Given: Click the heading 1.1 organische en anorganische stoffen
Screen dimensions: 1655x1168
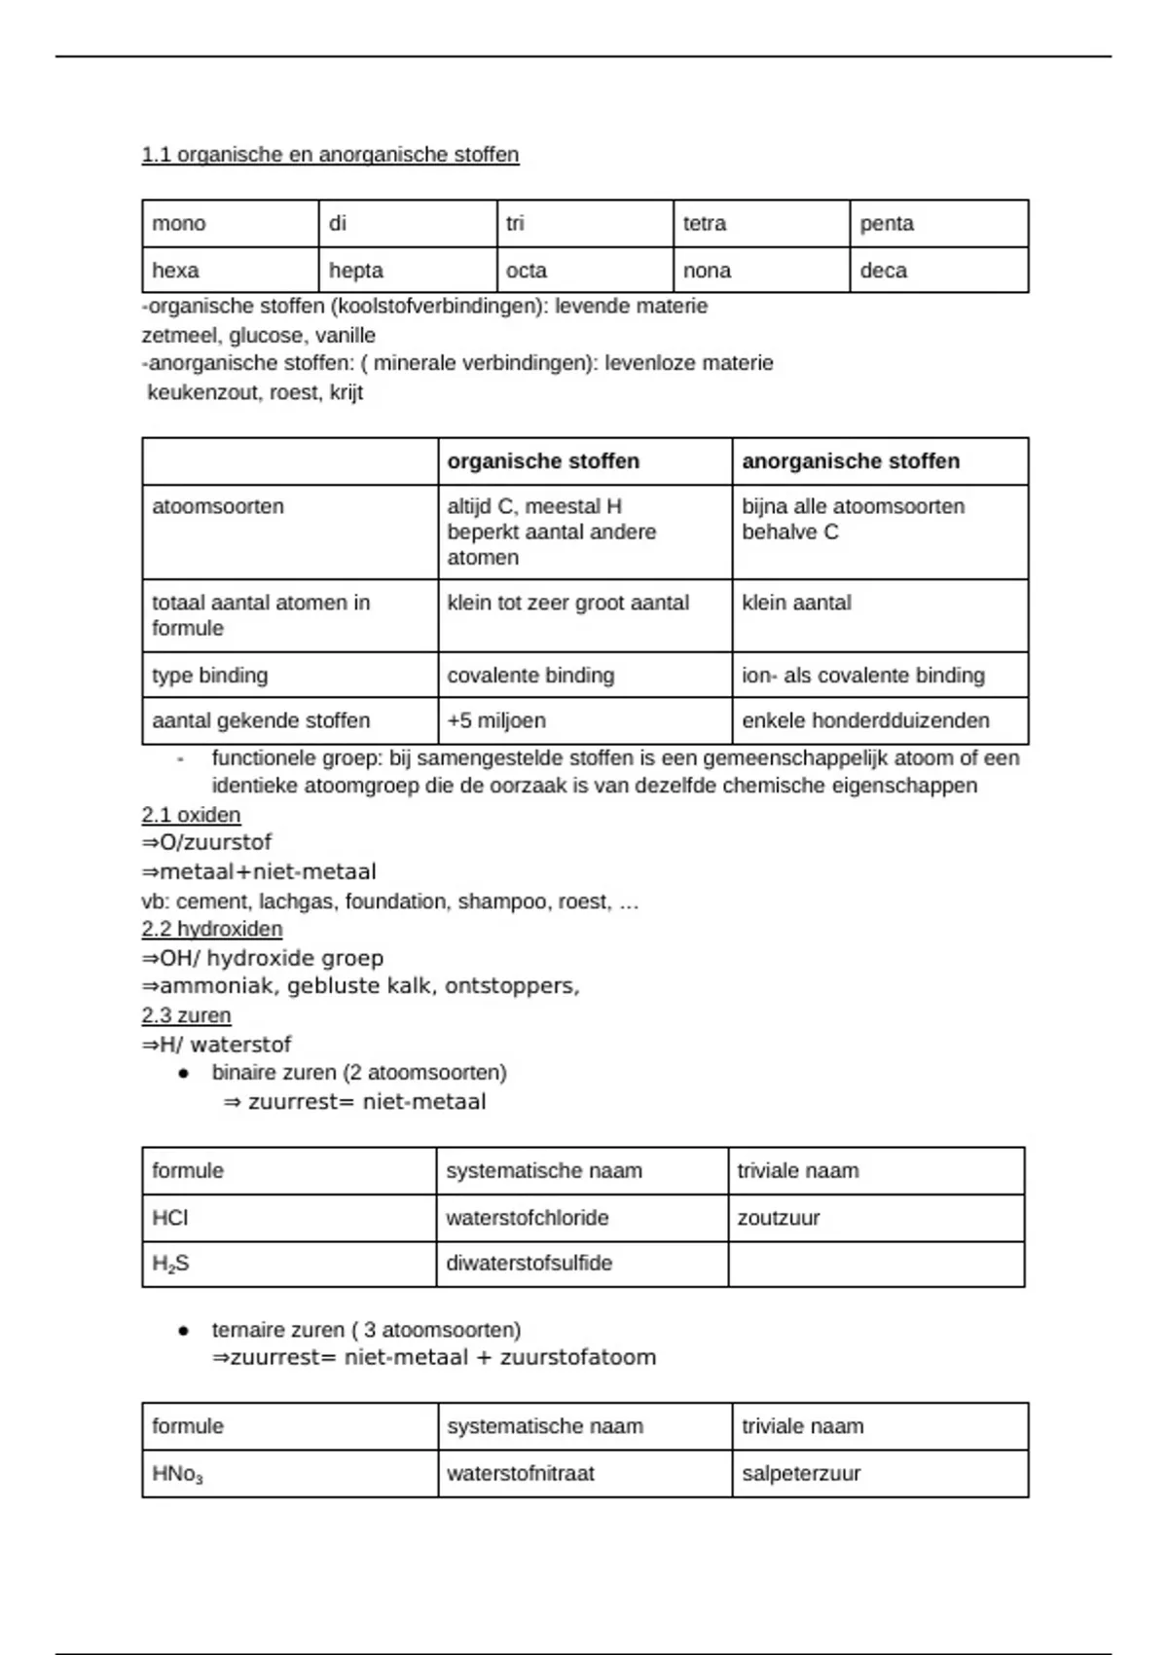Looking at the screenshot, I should (x=330, y=155).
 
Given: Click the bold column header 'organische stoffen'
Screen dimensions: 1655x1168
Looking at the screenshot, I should (x=543, y=461).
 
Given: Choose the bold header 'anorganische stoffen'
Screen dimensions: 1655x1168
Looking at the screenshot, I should (x=851, y=461).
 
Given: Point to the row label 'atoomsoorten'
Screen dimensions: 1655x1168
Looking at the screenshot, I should (x=218, y=507).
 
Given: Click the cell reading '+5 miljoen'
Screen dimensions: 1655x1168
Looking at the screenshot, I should (x=496, y=721).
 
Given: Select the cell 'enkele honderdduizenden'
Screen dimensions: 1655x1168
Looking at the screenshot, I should (x=865, y=721).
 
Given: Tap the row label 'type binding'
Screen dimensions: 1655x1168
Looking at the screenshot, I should (x=209, y=676).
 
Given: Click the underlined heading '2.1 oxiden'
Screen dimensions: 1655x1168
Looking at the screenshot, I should (x=191, y=815).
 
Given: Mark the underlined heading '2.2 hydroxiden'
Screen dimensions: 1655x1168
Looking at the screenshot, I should (x=212, y=929).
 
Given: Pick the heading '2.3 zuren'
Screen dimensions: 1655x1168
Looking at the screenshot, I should (x=186, y=1015).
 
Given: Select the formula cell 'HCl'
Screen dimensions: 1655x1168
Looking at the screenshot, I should (x=170, y=1218).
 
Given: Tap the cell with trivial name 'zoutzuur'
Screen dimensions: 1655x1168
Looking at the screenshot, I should (x=779, y=1218).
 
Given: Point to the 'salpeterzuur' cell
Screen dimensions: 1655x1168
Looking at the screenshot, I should (x=801, y=1474).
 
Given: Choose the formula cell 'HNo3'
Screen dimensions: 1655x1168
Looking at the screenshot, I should (x=177, y=1475).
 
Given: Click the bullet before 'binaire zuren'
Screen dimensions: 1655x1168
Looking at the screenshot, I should (x=183, y=1074).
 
